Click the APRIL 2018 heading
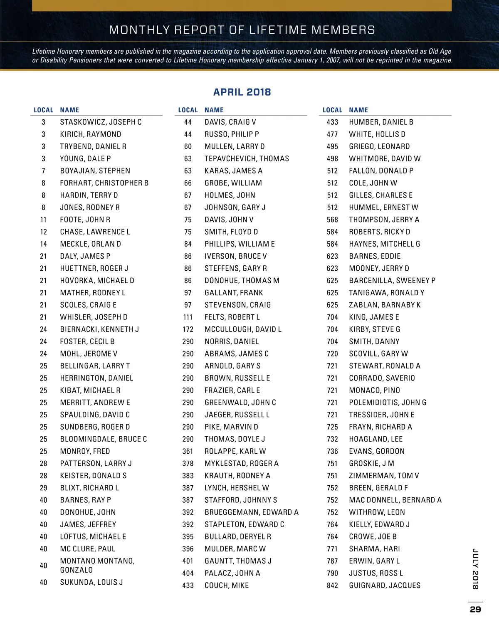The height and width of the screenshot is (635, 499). click(242, 92)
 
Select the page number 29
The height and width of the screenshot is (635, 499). click(475, 609)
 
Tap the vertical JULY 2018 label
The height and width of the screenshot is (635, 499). click(475, 569)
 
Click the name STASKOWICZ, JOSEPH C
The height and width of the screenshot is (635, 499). click(101, 122)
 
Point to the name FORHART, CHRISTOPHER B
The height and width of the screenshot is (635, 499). click(104, 183)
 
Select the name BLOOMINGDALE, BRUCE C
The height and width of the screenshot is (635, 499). click(104, 439)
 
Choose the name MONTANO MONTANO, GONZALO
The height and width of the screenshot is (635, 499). click(97, 566)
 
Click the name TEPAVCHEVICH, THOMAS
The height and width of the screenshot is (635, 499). click(247, 158)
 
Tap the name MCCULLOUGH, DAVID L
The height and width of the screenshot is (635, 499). click(243, 329)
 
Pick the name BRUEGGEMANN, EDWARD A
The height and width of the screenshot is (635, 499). click(252, 512)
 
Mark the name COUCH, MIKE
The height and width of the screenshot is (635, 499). click(227, 586)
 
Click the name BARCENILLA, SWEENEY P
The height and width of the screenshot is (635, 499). click(392, 281)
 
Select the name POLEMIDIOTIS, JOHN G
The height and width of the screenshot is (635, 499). click(388, 403)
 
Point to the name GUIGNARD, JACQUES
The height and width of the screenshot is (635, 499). click(385, 586)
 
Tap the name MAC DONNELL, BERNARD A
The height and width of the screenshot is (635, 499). click(395, 500)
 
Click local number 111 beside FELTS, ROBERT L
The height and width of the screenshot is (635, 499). click(188, 317)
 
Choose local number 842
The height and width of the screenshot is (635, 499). click(332, 586)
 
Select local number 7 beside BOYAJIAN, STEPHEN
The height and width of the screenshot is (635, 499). click(43, 171)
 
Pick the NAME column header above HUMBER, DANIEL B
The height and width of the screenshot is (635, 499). click(358, 110)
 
